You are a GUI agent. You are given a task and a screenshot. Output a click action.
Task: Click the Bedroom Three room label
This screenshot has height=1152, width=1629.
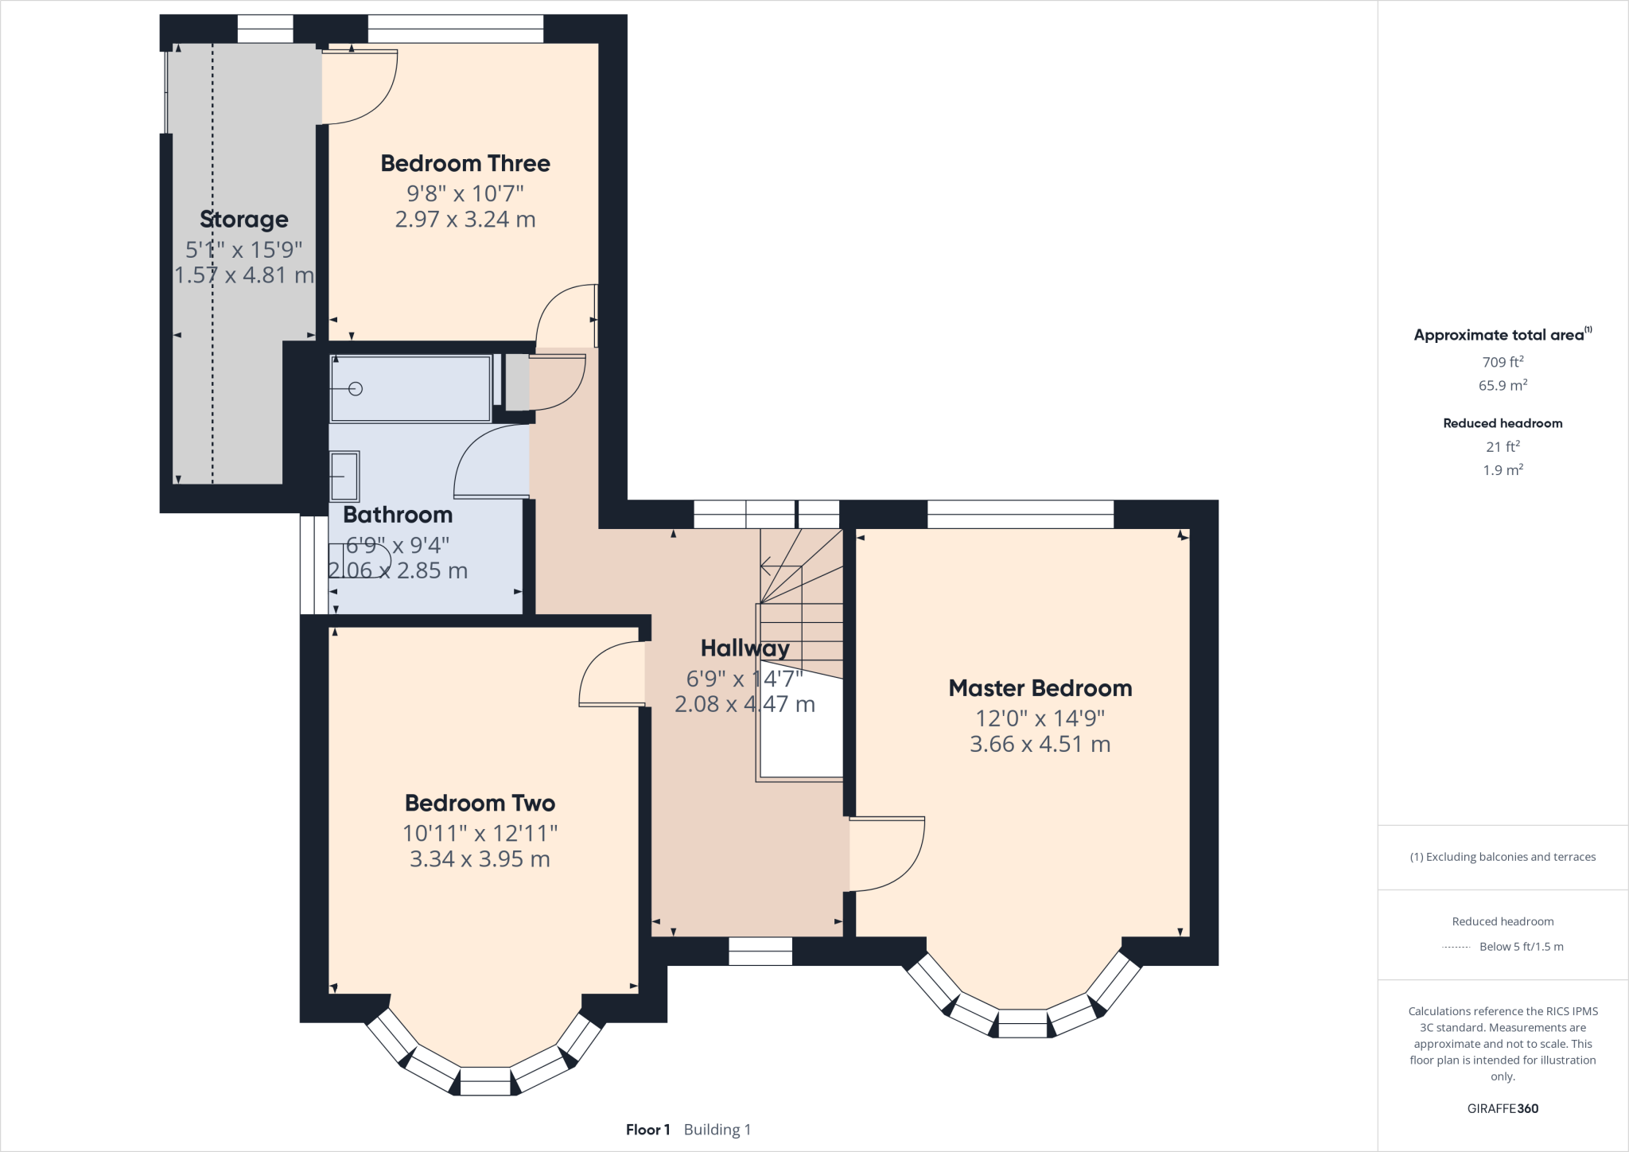click(465, 163)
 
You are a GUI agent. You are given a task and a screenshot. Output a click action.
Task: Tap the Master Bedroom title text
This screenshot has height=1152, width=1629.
click(1040, 688)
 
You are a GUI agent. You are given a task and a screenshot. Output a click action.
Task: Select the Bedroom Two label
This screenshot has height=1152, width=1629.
click(480, 803)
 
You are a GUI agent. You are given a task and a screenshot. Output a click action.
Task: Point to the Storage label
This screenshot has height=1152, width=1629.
click(244, 220)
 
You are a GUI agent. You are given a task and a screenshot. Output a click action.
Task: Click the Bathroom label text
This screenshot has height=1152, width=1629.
click(398, 515)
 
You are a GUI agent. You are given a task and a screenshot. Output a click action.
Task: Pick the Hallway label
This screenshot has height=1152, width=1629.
click(745, 648)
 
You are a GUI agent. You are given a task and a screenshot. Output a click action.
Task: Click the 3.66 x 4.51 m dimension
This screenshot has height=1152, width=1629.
click(1040, 744)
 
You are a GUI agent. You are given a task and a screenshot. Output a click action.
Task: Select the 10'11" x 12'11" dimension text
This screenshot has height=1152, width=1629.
click(480, 833)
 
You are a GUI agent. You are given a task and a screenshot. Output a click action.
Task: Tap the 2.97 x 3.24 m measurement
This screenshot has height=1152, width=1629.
click(465, 220)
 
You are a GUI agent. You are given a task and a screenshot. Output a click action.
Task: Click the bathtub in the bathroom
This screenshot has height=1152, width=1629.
click(410, 389)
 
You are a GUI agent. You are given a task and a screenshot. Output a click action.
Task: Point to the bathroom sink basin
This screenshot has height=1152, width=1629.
click(344, 477)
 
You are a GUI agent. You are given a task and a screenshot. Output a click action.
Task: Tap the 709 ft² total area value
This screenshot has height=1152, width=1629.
click(1503, 362)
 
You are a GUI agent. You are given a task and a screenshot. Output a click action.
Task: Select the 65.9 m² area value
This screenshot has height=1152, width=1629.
click(1503, 385)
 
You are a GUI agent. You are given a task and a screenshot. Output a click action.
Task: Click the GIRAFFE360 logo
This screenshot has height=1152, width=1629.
click(1503, 1108)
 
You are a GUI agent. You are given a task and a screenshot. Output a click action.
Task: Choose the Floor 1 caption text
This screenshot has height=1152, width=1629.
click(648, 1130)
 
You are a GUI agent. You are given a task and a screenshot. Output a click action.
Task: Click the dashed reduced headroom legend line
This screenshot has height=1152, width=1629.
click(1456, 948)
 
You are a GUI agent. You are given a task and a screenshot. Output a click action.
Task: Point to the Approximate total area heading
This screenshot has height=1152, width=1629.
click(1503, 335)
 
